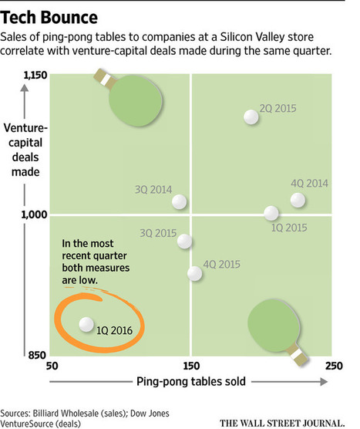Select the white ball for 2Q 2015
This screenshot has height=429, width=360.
(x=251, y=117)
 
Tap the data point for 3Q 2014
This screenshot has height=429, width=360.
(x=180, y=201)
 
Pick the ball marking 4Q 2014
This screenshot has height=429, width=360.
(x=298, y=201)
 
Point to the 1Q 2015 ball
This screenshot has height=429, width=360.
(x=271, y=213)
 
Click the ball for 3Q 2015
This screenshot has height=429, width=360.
(x=185, y=241)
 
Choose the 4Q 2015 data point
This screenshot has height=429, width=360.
(x=195, y=272)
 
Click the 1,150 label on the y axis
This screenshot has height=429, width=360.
(x=35, y=74)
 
